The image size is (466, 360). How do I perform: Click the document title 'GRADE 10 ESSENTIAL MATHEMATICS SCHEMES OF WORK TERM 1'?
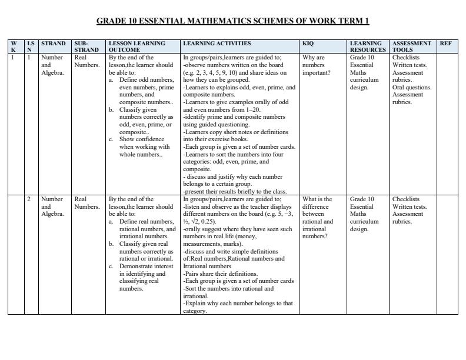232,21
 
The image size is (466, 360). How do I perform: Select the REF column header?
445,44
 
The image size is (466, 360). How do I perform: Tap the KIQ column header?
308,44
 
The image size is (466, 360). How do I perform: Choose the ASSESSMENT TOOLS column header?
412,46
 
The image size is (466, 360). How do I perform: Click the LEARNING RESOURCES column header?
367,46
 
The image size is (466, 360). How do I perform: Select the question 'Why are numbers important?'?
314,65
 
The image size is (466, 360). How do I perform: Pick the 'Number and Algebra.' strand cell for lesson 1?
52,65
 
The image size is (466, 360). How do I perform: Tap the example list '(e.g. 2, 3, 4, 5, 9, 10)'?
215,73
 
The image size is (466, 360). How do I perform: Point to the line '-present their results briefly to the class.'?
235,192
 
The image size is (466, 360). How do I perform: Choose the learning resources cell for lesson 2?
366,214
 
